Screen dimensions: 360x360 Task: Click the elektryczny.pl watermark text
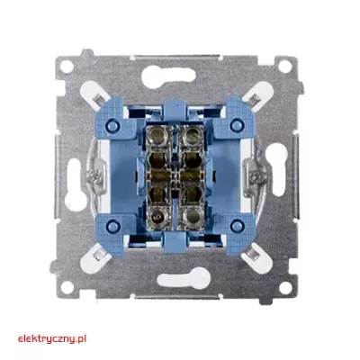[52, 339]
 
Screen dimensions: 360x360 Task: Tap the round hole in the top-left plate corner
[67, 67]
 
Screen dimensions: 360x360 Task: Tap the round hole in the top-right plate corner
[284, 67]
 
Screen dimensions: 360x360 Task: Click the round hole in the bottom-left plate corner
[67, 288]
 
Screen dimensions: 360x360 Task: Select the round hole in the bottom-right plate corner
[284, 288]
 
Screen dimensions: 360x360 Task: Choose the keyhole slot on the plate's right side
[276, 169]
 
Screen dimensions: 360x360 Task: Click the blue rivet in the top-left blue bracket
[112, 124]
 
